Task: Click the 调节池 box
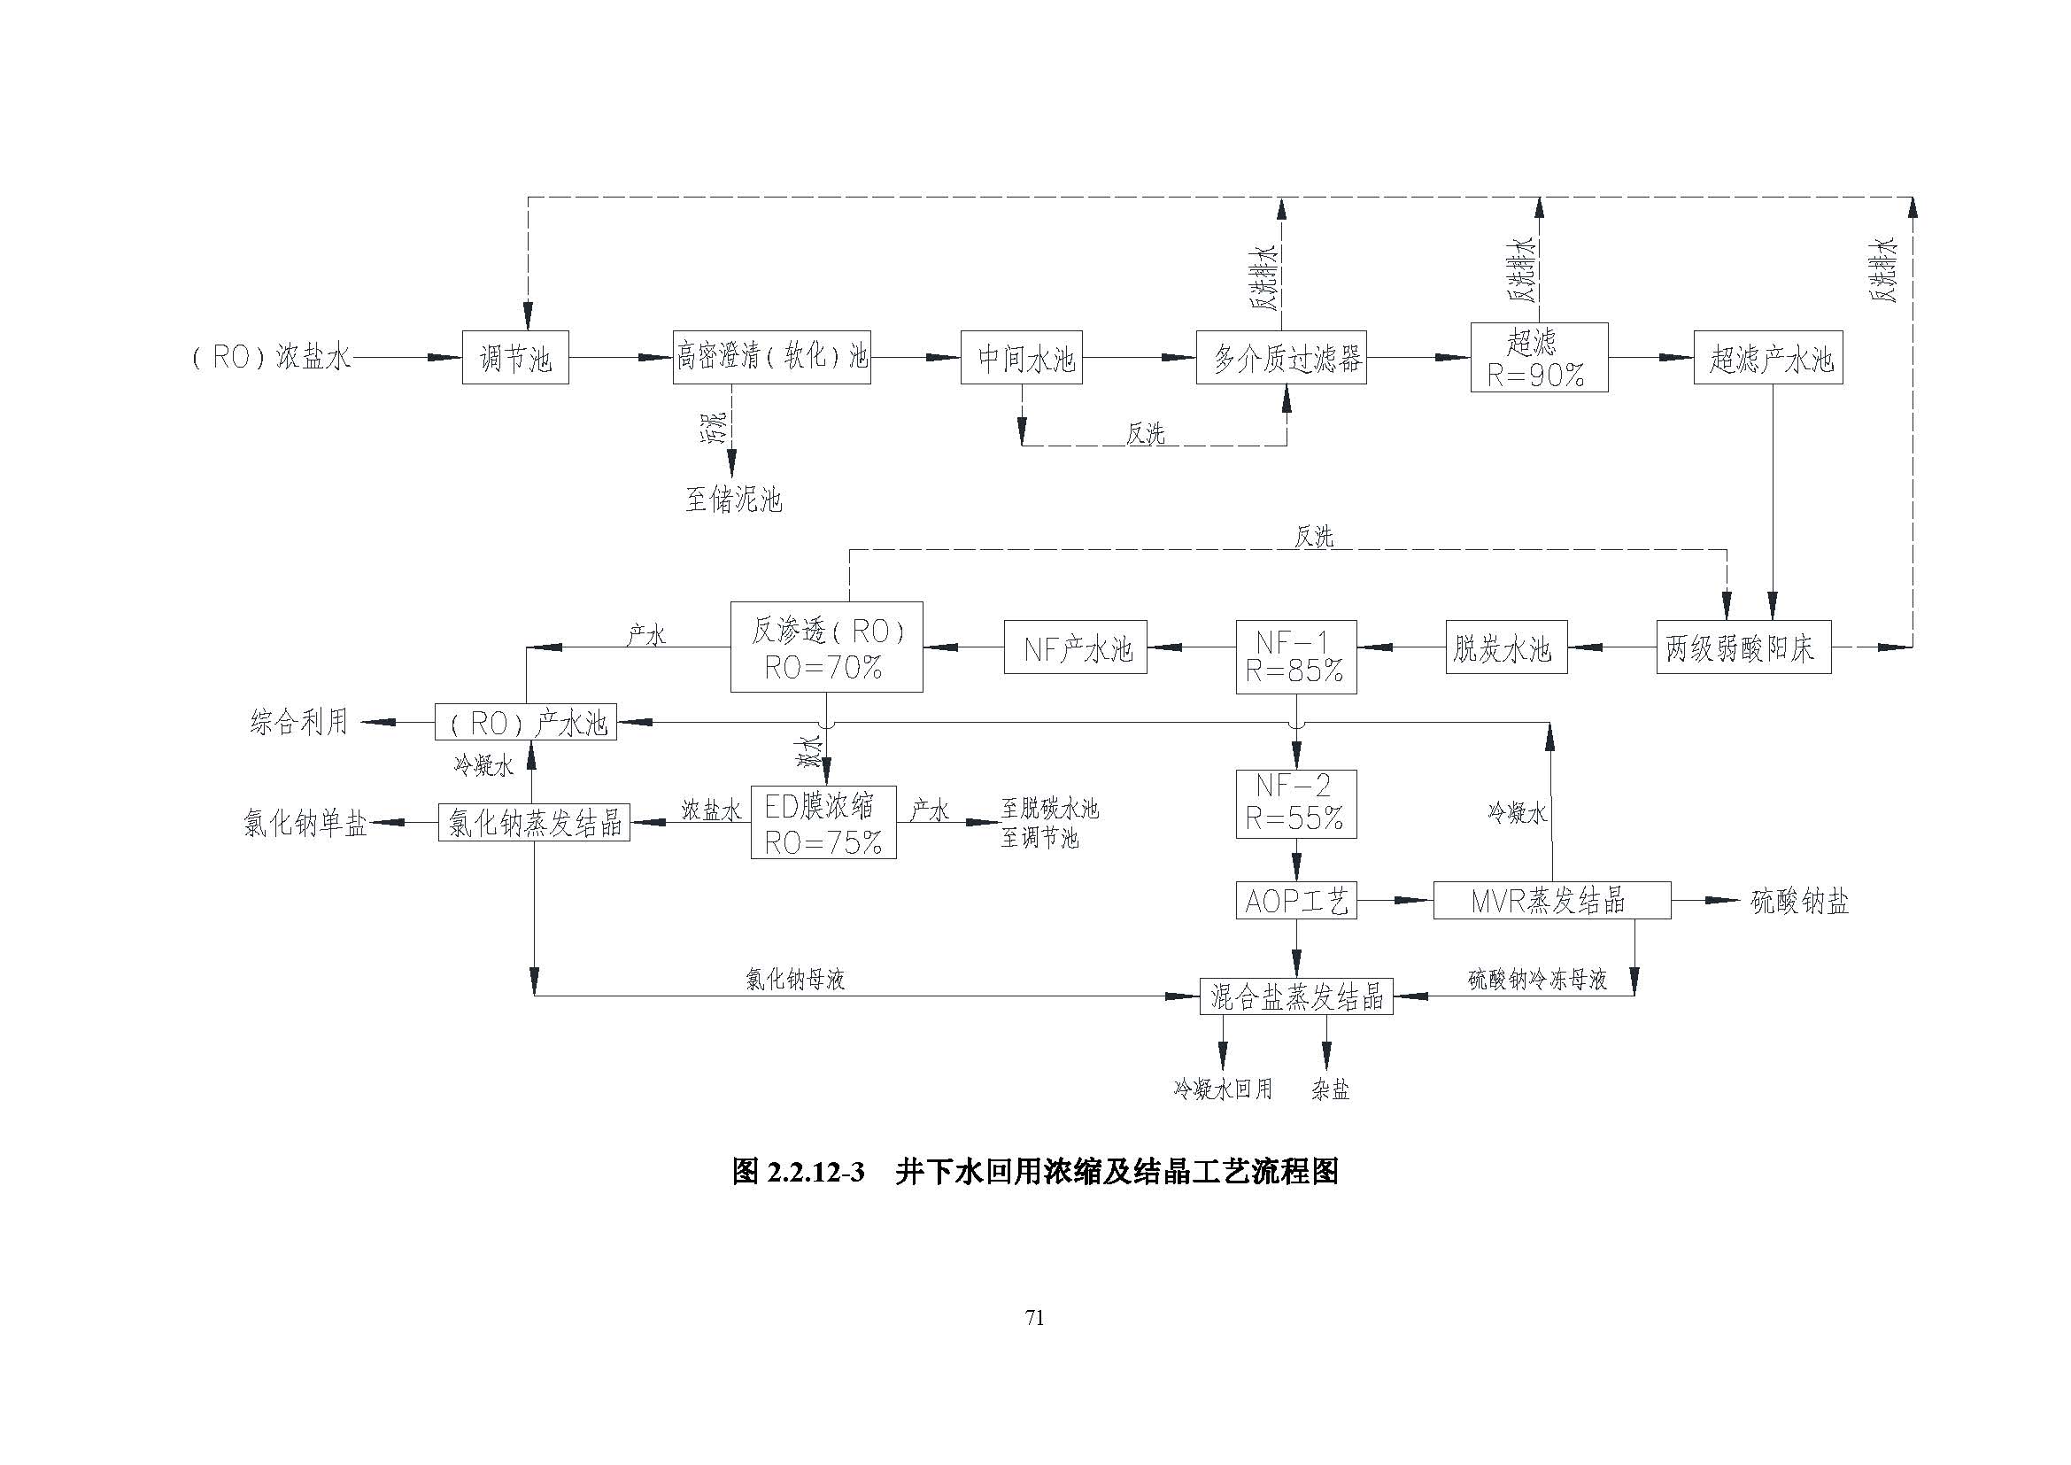(515, 358)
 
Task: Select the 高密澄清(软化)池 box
(771, 358)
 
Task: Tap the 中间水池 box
(1021, 358)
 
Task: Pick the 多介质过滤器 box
(1281, 358)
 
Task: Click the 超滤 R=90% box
(1539, 358)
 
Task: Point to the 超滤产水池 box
(1768, 358)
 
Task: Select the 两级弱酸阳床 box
(1743, 647)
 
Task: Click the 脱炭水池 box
(1505, 647)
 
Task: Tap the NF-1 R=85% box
(1295, 655)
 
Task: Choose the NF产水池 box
(1075, 647)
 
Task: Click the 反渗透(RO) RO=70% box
(826, 647)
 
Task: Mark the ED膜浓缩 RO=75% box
(823, 822)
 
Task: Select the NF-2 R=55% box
(1295, 802)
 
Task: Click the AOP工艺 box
(1295, 900)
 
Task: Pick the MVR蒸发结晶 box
(1551, 900)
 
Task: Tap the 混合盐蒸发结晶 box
(1295, 996)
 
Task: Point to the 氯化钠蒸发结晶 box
(534, 822)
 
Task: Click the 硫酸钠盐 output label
(1799, 901)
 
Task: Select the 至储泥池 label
(733, 499)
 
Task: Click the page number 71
(1034, 1318)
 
